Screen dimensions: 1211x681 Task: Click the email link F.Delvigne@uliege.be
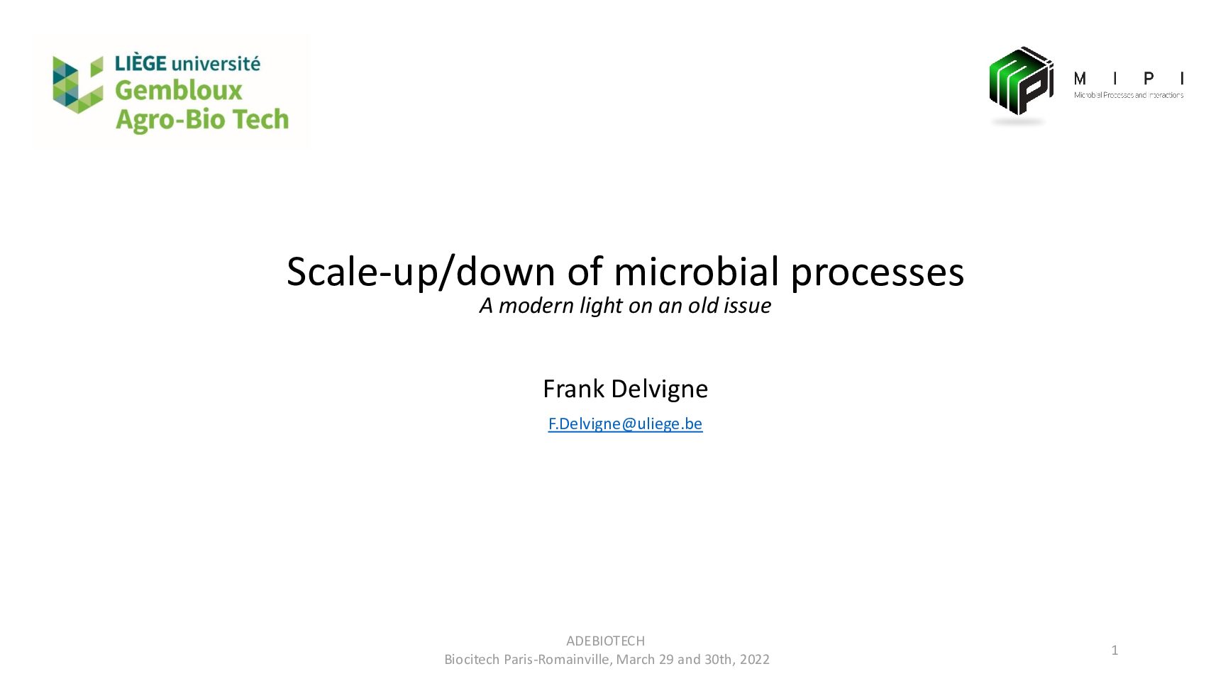(625, 423)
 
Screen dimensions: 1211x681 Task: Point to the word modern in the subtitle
(536, 306)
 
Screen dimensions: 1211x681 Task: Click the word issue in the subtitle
(748, 305)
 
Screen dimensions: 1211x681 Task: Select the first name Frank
(573, 389)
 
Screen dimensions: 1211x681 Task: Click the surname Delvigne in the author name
(659, 389)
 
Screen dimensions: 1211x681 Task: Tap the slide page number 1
(1115, 650)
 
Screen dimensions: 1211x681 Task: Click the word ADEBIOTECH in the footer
(606, 641)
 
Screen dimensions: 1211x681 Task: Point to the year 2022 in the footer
(755, 660)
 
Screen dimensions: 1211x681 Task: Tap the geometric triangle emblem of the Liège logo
(78, 84)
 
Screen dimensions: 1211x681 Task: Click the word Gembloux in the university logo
(178, 91)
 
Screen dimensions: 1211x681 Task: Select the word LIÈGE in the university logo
(140, 63)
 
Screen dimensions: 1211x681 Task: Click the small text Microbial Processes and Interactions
(1128, 95)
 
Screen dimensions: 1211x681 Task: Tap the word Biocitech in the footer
(472, 660)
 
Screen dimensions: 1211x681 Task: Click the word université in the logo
(216, 64)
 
